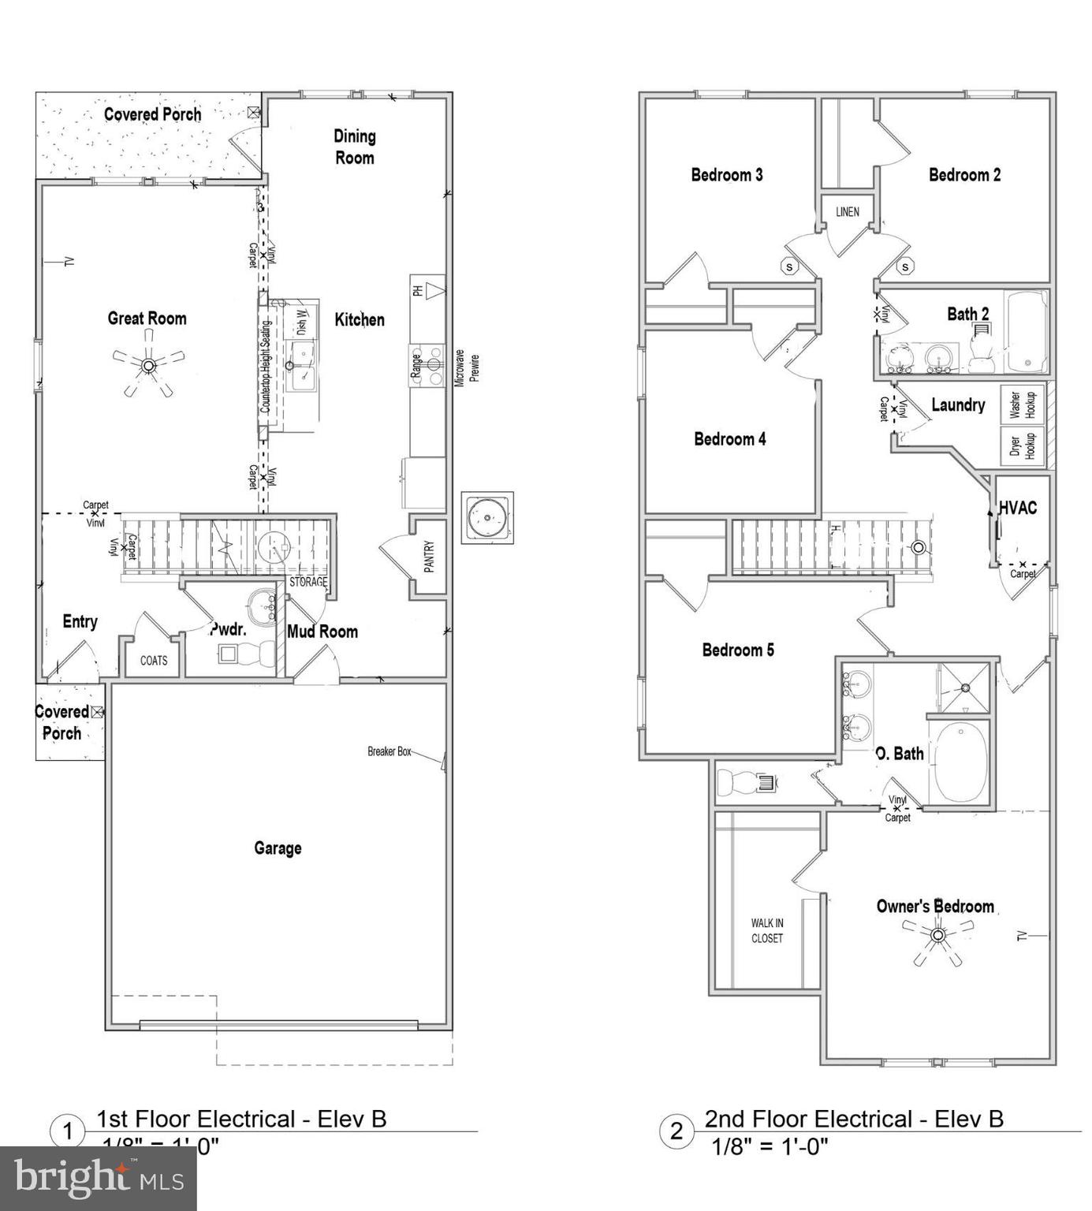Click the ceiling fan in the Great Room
(x=148, y=365)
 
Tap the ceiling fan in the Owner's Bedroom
(x=937, y=936)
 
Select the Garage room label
(x=278, y=848)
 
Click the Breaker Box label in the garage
(x=389, y=751)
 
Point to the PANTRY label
(x=429, y=557)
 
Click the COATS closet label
(x=154, y=661)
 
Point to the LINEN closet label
(x=848, y=212)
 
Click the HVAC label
(x=1018, y=509)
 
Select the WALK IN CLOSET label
(x=766, y=930)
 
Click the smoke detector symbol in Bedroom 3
(x=790, y=266)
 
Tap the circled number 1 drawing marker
(x=68, y=1132)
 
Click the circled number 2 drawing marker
(x=676, y=1131)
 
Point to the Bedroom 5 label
(x=738, y=650)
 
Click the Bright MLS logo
(x=98, y=1179)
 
